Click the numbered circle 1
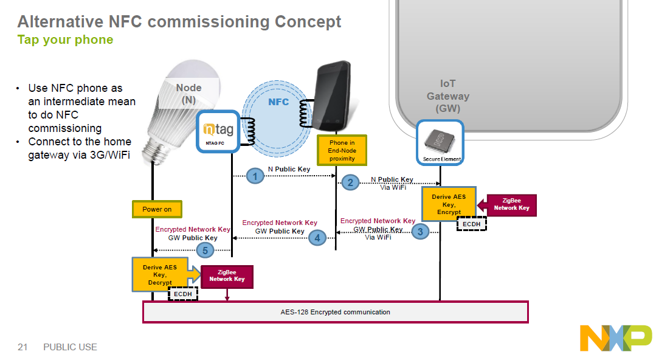point(256,177)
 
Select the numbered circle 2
point(349,182)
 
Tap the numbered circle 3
point(419,231)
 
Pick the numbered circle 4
point(317,238)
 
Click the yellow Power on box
point(157,209)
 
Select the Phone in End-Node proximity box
point(342,150)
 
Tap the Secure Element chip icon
point(440,142)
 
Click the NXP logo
point(615,338)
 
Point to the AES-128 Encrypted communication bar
point(336,312)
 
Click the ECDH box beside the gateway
point(471,224)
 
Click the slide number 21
point(23,347)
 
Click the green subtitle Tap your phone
point(65,40)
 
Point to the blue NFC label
point(278,102)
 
